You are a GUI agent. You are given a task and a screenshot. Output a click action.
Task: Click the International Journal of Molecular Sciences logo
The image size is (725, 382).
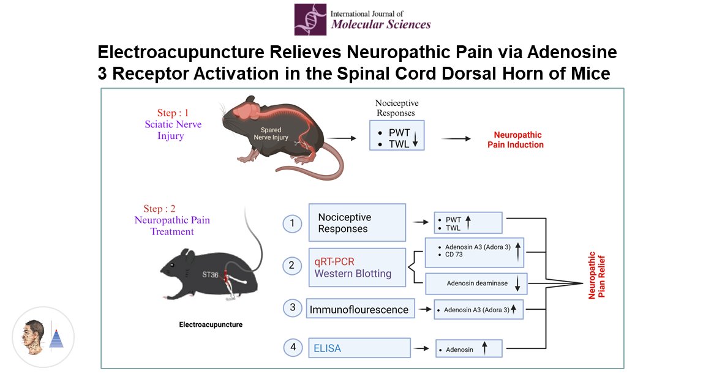362,20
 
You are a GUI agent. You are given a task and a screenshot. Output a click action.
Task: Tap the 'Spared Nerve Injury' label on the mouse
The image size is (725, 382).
271,133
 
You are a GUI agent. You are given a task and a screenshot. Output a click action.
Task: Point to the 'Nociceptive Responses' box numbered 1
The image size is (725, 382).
357,223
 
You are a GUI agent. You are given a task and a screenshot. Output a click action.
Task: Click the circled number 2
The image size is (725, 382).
293,266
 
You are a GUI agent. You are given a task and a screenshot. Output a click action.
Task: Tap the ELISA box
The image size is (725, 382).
359,348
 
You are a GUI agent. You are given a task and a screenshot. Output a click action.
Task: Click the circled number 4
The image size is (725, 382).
293,348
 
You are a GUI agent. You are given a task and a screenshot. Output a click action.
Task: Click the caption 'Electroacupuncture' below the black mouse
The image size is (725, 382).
210,325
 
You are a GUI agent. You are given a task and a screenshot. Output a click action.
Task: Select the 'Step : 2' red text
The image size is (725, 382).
163,209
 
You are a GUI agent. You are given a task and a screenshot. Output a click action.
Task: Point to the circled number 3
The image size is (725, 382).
293,308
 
